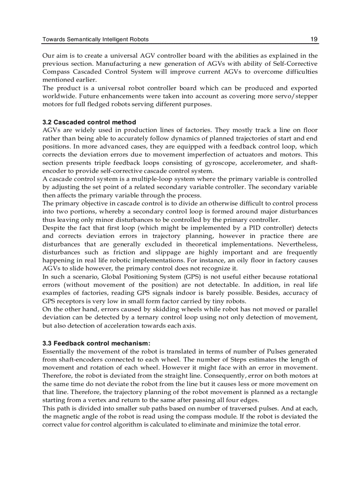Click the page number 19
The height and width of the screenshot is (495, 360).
point(314,39)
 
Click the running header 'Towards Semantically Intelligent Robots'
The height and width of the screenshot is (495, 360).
point(95,39)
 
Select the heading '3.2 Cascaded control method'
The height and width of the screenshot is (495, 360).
point(89,122)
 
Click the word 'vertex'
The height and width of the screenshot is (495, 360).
point(99,400)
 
